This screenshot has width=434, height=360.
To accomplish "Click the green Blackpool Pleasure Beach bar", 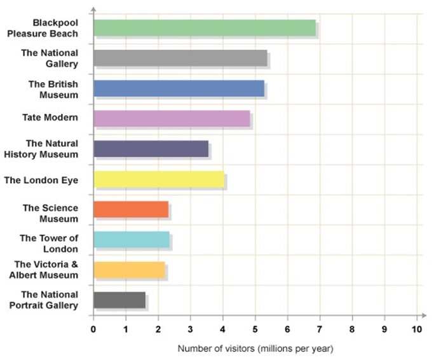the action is [x=205, y=28].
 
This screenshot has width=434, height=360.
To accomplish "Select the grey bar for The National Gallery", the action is [x=180, y=58].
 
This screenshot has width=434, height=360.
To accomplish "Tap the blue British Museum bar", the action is [x=179, y=88].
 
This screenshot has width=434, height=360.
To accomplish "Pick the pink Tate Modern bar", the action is [x=172, y=118].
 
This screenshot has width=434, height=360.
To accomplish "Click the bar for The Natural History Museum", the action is [x=151, y=149].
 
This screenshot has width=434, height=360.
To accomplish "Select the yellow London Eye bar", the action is [x=159, y=179].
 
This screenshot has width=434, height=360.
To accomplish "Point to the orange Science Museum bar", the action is [x=131, y=209].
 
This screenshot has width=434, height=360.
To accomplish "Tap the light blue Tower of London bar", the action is [x=132, y=239].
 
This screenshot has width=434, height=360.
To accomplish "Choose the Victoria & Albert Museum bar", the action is [x=129, y=270].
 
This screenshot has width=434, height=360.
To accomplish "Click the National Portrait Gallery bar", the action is [x=119, y=300].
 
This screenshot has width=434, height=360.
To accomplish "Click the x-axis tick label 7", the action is [x=320, y=329].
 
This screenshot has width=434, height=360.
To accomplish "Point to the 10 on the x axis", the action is [x=417, y=329].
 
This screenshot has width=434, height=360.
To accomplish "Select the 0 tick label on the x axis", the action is [x=93, y=329].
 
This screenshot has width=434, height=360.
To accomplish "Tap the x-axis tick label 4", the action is [x=222, y=329].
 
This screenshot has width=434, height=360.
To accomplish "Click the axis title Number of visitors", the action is [x=216, y=349].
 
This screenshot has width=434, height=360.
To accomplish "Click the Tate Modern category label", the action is [x=50, y=118].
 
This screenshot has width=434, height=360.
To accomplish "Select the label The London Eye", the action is [x=41, y=181].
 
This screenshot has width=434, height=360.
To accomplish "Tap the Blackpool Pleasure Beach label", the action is [x=43, y=28].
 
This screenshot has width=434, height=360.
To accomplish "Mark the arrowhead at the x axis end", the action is [x=424, y=315].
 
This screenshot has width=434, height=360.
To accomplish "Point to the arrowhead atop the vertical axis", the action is [x=93, y=9].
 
